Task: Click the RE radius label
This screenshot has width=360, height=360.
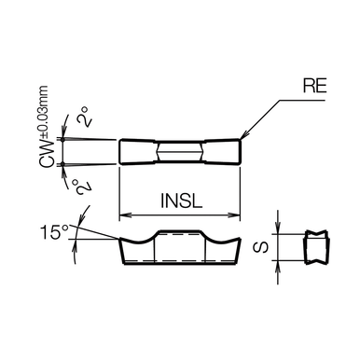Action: click(315, 86)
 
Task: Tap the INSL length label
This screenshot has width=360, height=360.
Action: click(182, 201)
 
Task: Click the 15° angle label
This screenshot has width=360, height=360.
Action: click(54, 232)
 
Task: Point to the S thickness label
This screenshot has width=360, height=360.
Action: click(261, 247)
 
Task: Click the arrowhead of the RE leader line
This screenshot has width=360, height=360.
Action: click(244, 135)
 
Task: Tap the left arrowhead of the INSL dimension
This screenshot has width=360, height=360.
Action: click(124, 215)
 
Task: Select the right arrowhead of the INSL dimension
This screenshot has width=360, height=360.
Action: click(235, 215)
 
